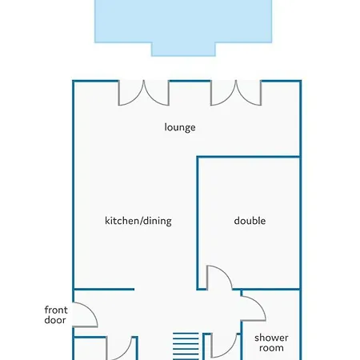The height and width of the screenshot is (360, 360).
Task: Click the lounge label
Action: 180,127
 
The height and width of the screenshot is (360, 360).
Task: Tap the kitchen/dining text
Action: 138,221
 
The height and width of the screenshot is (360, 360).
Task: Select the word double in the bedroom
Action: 250,221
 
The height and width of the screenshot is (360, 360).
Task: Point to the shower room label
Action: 271,343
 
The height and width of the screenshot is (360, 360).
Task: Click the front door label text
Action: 56,315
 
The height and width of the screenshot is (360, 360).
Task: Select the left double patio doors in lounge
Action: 144,93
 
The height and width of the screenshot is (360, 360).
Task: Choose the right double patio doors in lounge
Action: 236,93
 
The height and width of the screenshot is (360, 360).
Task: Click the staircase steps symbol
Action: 186,346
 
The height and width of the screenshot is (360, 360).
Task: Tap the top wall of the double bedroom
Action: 250,157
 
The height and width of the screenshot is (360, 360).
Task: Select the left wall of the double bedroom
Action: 198,222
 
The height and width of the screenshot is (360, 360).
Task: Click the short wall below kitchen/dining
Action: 103,289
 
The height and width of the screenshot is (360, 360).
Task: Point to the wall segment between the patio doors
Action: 190,81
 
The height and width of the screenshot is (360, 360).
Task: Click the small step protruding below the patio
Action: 183,50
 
